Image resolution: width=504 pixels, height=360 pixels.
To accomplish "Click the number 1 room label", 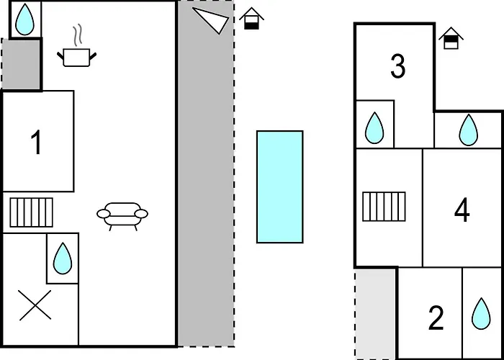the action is click(37, 143).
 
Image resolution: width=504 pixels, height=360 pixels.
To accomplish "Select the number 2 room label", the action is click(436, 318).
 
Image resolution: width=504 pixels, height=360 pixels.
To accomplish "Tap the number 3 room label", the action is click(397, 66).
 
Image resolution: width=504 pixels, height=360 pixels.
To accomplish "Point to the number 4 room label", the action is click(462, 210).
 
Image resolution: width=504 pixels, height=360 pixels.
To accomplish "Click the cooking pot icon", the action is click(76, 57).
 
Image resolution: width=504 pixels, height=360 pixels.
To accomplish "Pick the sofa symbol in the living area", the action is click(122, 216).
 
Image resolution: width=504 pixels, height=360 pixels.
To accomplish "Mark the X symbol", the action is click(35, 305).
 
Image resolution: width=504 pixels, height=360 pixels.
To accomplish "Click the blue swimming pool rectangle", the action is click(279, 186).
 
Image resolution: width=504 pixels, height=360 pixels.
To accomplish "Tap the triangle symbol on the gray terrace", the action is click(211, 20).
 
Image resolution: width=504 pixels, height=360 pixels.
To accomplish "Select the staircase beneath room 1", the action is click(31, 212).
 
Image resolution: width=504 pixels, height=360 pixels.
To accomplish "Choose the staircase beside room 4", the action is click(384, 207).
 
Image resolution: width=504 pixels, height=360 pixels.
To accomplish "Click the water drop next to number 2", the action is click(481, 313).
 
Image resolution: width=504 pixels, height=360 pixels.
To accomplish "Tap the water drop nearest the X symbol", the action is click(63, 258).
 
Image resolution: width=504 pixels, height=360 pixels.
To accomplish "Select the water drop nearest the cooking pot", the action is click(24, 19).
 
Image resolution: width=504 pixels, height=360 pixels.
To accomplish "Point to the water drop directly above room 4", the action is click(468, 130).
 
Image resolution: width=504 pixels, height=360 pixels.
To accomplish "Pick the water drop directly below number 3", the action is click(374, 127).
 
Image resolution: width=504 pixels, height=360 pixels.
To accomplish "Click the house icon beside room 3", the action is click(451, 38).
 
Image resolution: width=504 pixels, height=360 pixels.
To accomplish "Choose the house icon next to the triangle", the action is click(251, 18).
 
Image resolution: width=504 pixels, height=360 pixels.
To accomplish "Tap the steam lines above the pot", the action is click(77, 36).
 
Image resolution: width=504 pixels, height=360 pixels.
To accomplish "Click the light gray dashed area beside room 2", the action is click(376, 314).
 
